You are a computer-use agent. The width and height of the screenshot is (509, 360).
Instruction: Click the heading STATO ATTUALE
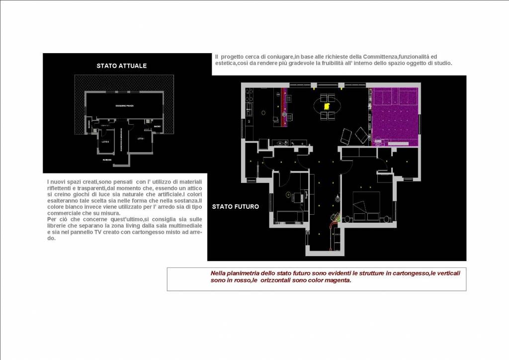tap(121, 66)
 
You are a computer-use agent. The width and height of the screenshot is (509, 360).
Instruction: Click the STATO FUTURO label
tap(235, 206)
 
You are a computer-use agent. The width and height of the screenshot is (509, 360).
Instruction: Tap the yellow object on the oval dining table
tap(327, 106)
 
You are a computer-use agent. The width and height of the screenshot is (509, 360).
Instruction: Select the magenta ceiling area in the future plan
tap(395, 113)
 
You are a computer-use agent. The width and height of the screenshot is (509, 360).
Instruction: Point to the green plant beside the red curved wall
tap(336, 217)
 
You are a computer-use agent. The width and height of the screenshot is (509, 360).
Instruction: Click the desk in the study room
tap(298, 197)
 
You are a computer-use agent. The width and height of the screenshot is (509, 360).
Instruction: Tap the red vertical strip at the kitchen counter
tap(284, 107)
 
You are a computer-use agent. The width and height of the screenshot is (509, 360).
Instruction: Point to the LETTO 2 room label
tap(105, 142)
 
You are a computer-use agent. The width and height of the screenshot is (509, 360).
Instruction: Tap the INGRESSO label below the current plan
tap(107, 160)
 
